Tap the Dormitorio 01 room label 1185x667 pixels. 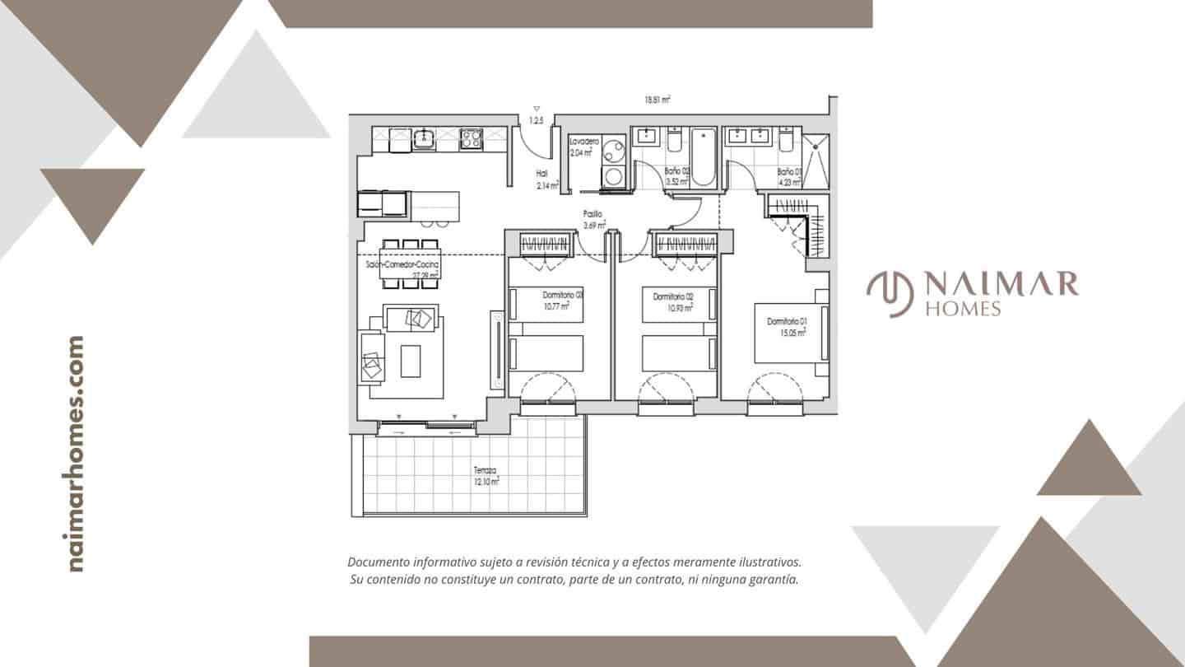(x=787, y=321)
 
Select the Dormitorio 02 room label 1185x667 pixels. (x=672, y=296)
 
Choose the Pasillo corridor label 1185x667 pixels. (x=593, y=214)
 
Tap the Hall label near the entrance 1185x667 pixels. (x=541, y=174)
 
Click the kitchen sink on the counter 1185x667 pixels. (x=424, y=138)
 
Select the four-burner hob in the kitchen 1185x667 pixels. (x=471, y=138)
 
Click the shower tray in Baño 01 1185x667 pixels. (x=816, y=159)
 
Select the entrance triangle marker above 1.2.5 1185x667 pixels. (x=537, y=109)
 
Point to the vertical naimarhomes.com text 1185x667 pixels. (x=76, y=454)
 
